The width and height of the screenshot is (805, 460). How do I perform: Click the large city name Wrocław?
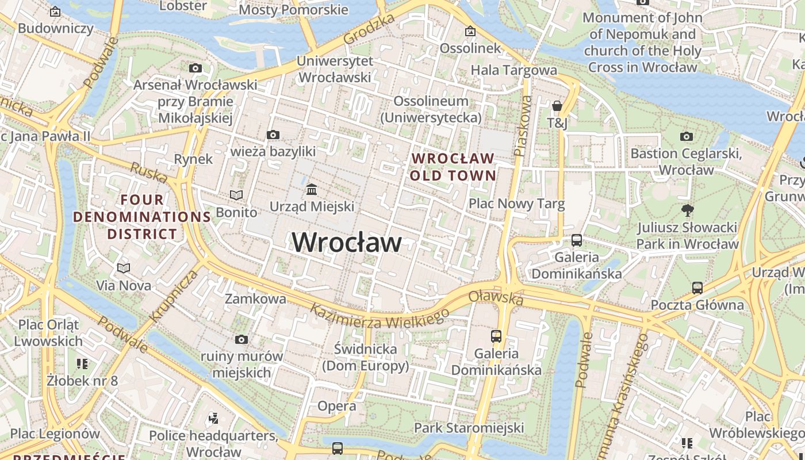point(347,241)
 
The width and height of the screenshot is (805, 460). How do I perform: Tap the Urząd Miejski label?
point(312,206)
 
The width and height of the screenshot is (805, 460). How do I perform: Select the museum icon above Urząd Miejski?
point(312,189)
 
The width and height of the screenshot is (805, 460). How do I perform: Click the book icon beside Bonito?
point(236,195)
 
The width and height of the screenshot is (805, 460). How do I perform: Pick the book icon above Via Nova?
point(124,268)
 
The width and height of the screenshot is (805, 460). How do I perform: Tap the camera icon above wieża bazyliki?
point(273,135)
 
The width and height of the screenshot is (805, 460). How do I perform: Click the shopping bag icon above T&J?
point(557,106)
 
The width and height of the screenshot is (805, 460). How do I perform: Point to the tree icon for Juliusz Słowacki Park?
point(687,210)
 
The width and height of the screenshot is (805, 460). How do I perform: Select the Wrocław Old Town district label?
point(453,167)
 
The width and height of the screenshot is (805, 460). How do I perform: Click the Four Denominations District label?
point(142,217)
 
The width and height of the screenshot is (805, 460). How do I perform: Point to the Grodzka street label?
point(369,29)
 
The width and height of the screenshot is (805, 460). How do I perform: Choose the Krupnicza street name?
point(173,296)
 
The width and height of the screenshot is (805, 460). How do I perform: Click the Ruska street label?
point(148,172)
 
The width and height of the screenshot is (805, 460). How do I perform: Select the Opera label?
point(337,406)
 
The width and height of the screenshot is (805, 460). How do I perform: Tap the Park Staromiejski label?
point(469,428)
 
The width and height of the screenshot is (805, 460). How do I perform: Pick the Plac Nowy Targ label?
point(516,204)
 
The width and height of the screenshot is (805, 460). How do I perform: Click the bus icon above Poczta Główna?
point(697,287)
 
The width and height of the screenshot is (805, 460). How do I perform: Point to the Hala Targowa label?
point(513,70)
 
